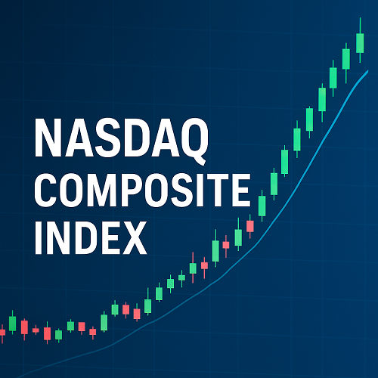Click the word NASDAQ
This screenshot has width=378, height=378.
[x=121, y=138]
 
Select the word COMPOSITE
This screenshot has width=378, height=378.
[x=143, y=191]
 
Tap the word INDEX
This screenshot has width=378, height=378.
[x=91, y=237]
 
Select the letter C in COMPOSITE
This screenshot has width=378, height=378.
[x=48, y=191]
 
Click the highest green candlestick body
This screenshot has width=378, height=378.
[x=360, y=43]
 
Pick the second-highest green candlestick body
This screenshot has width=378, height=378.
[x=346, y=59]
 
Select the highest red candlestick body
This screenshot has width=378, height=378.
[x=250, y=226]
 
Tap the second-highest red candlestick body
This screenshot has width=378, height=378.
[x=226, y=245]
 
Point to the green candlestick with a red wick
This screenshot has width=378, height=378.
[x=193, y=268]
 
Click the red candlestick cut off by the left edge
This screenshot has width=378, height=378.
[x=2, y=332]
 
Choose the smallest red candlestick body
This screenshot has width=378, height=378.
[x=36, y=330]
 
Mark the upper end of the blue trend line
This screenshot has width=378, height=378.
[x=368, y=71]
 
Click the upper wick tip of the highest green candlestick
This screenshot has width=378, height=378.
[x=360, y=18]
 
